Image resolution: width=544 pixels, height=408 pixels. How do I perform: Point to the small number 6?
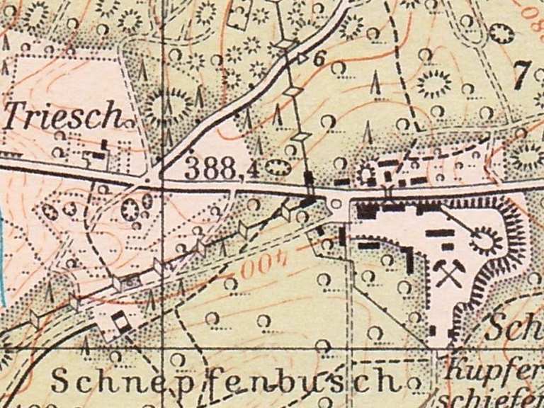pyautogui.click(x=318, y=59)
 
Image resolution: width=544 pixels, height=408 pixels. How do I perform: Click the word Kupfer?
pyautogui.click(x=495, y=370)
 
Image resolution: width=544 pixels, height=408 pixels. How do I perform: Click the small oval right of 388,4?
pyautogui.click(x=278, y=168)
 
